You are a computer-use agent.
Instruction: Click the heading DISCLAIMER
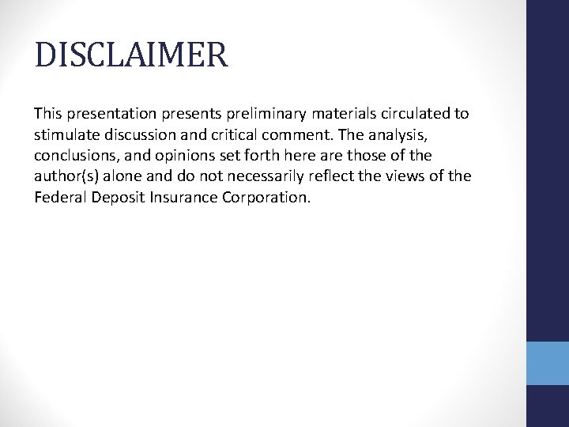131,56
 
